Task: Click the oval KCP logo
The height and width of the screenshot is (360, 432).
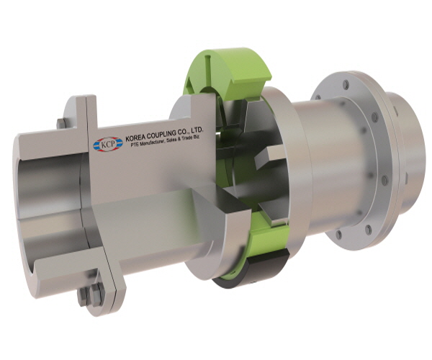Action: point(108,144)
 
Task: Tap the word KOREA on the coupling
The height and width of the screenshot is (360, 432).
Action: point(135,138)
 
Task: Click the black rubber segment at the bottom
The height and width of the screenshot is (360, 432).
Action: point(251,271)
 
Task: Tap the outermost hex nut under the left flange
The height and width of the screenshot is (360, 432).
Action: point(82,297)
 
